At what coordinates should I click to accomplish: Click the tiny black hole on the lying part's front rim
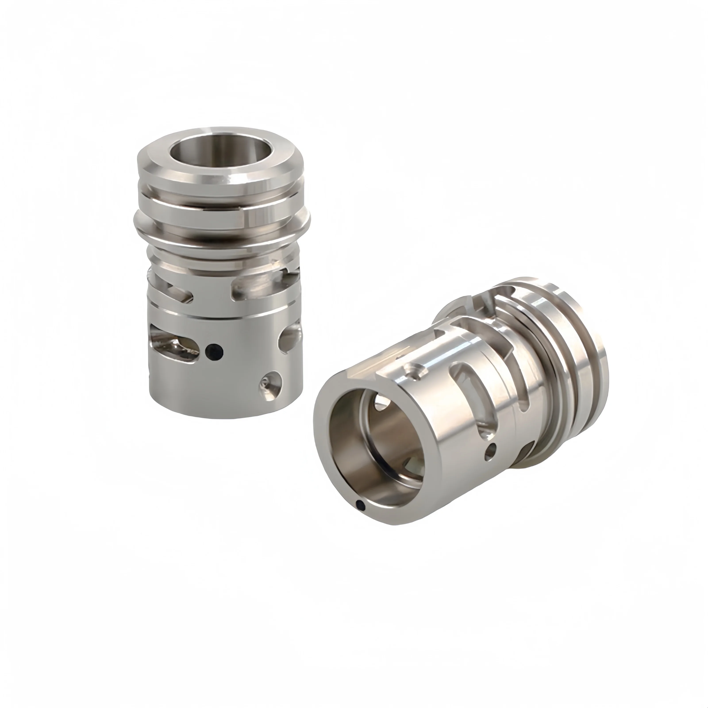click(361, 506)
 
